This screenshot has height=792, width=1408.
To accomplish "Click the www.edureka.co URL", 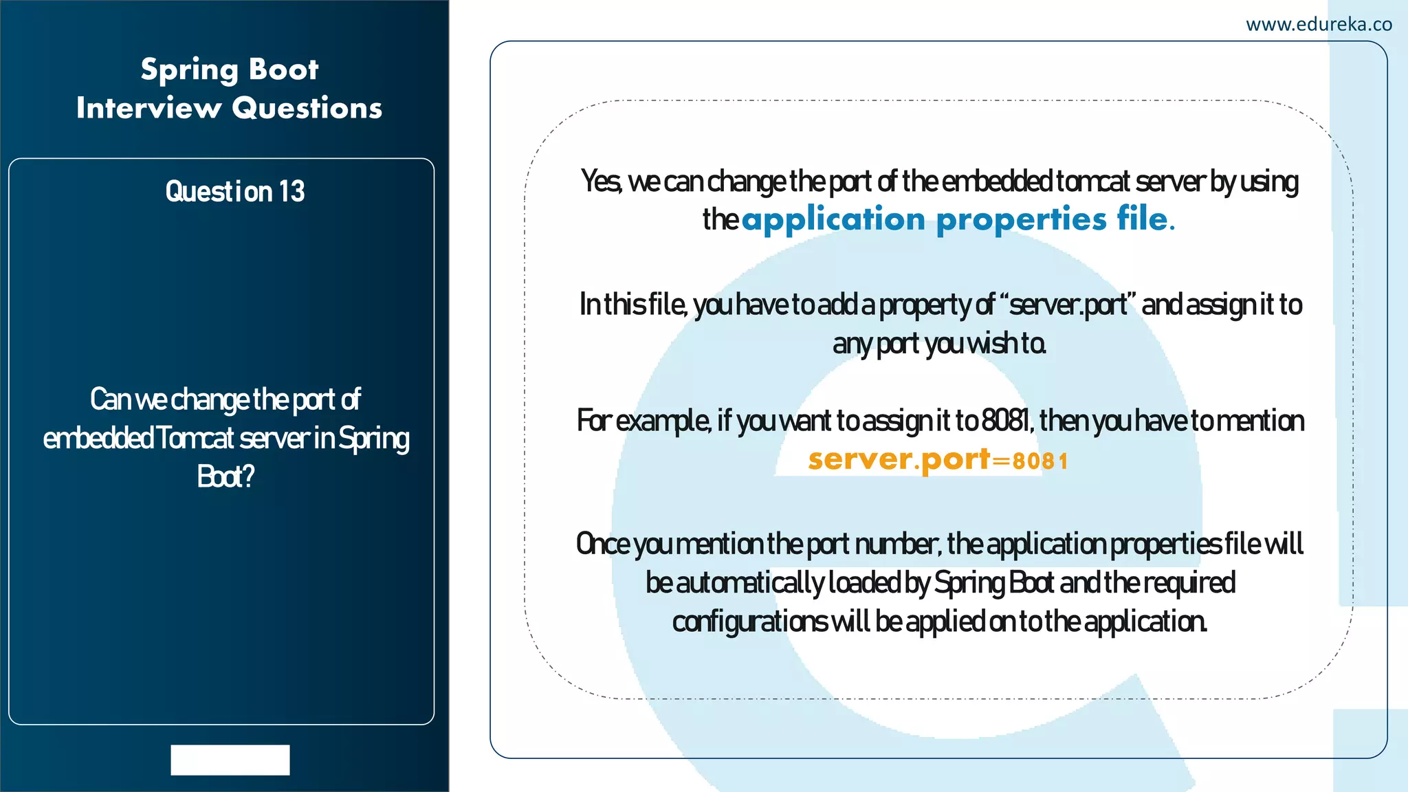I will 1319,25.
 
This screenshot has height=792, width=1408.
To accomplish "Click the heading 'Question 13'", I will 234,191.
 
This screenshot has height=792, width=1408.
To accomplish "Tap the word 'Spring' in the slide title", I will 189,70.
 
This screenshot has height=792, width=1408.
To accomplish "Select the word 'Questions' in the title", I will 307,109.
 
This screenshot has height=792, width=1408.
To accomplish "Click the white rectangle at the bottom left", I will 230,760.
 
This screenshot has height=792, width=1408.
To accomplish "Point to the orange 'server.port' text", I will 899,460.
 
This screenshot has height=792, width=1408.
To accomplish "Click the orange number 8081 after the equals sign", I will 1040,461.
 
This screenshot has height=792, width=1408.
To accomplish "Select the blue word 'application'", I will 833,219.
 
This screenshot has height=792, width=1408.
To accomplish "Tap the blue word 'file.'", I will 1145,219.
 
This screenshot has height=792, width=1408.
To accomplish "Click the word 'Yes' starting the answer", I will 600,181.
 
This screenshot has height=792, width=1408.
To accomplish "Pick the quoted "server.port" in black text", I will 1068,305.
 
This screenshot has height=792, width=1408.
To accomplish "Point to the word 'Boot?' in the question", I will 225,476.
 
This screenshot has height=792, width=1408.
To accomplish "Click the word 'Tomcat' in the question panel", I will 195,438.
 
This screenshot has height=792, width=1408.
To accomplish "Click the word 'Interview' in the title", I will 148,109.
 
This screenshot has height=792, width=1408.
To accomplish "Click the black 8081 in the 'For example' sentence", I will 1006,421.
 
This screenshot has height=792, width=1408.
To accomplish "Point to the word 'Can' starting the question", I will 107,399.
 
